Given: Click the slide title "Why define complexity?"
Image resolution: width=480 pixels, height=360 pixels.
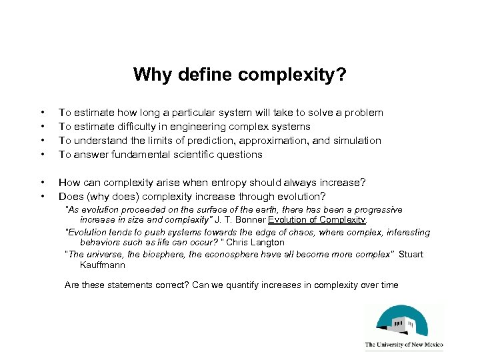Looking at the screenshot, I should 239,74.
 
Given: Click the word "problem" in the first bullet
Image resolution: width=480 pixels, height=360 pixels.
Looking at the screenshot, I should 363,113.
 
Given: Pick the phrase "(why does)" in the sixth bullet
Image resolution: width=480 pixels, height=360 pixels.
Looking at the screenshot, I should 111,197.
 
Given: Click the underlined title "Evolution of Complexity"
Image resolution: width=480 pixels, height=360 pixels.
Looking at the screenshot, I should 317,219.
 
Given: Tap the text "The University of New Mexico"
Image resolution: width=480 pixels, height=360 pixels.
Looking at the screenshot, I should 404,345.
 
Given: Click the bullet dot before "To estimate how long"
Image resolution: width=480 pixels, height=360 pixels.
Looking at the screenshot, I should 43,113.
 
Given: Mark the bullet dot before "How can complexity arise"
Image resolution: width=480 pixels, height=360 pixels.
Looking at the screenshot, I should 43,183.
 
